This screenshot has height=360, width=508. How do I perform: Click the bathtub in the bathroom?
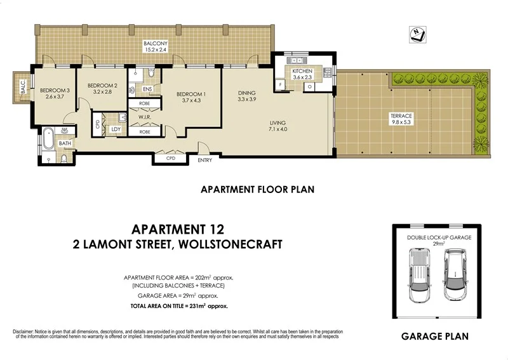coord(50,138)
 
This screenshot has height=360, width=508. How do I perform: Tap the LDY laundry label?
coord(116,130)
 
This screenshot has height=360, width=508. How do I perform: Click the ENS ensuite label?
coord(147,90)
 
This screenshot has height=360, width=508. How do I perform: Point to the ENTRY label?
coord(205,160)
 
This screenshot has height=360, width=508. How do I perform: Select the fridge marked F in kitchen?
coord(281,84)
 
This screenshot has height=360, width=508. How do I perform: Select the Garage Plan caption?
coord(435,337)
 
